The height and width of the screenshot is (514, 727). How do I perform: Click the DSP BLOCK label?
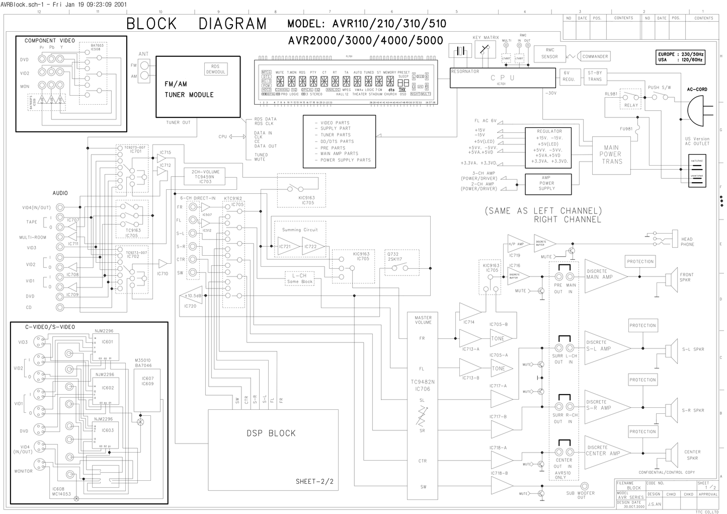(271, 433)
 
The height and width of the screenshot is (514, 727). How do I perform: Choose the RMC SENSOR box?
(549, 53)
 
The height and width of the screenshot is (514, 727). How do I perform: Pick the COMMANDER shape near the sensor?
(594, 56)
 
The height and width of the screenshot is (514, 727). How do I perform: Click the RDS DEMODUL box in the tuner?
(216, 69)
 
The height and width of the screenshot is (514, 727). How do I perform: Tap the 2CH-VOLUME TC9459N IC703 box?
(205, 176)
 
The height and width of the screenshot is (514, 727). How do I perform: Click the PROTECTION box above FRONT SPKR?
(640, 262)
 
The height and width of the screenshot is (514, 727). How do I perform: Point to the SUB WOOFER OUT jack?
(585, 486)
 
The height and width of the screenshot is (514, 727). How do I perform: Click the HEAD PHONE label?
(687, 242)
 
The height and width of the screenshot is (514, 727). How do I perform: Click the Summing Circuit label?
(300, 230)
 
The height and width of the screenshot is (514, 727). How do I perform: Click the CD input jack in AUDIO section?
(60, 307)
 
